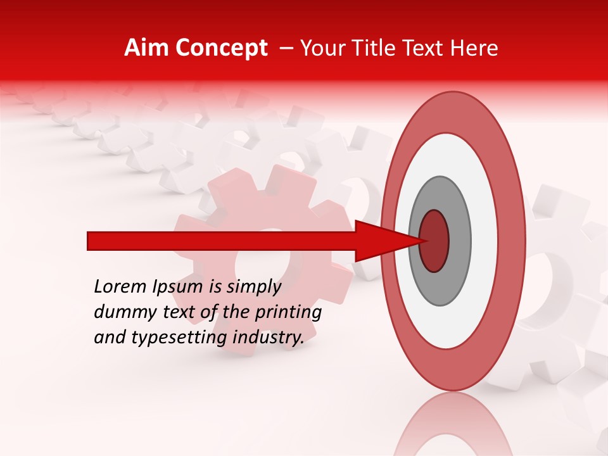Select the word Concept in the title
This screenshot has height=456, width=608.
coord(220,48)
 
